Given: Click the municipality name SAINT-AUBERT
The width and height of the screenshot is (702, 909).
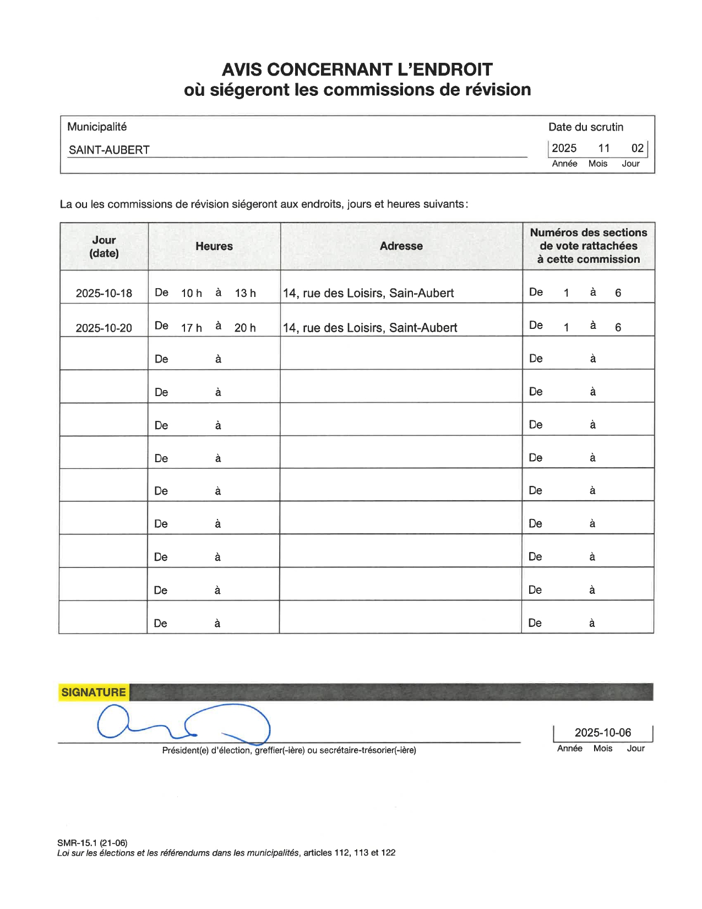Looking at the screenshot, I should tap(109, 150).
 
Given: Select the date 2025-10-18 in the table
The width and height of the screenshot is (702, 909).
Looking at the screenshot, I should tap(104, 293).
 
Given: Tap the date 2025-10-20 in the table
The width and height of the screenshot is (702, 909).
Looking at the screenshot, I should tap(104, 328).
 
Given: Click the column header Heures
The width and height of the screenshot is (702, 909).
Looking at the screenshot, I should tap(214, 246).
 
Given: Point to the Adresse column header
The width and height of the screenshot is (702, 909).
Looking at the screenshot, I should tap(401, 246).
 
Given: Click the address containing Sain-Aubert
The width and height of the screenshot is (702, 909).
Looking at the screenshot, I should tap(368, 293).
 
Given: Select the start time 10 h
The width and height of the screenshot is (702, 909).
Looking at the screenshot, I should tap(192, 293).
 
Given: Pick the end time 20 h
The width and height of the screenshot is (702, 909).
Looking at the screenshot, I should tap(245, 328).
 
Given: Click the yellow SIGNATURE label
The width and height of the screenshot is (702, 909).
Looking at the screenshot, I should tap(94, 692).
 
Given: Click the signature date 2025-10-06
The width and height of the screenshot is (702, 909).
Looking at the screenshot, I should tap(603, 733).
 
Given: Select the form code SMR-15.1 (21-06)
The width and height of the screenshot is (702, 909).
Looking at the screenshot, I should tap(92, 843).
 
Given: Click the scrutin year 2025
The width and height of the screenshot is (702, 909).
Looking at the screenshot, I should tap(564, 148).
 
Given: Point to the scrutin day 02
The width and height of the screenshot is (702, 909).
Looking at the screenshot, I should tap(638, 148).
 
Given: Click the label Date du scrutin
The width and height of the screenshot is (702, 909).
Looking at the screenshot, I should tap(586, 127).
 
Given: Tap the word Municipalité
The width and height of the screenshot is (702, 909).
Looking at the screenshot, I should tap(97, 127).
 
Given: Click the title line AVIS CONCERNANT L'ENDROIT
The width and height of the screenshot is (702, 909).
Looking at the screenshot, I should tap(357, 69).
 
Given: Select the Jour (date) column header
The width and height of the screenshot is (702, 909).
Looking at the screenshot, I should tap(104, 246).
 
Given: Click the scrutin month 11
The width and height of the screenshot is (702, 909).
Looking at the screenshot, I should tap(604, 148).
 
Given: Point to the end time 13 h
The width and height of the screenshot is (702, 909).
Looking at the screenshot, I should tap(246, 293).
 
